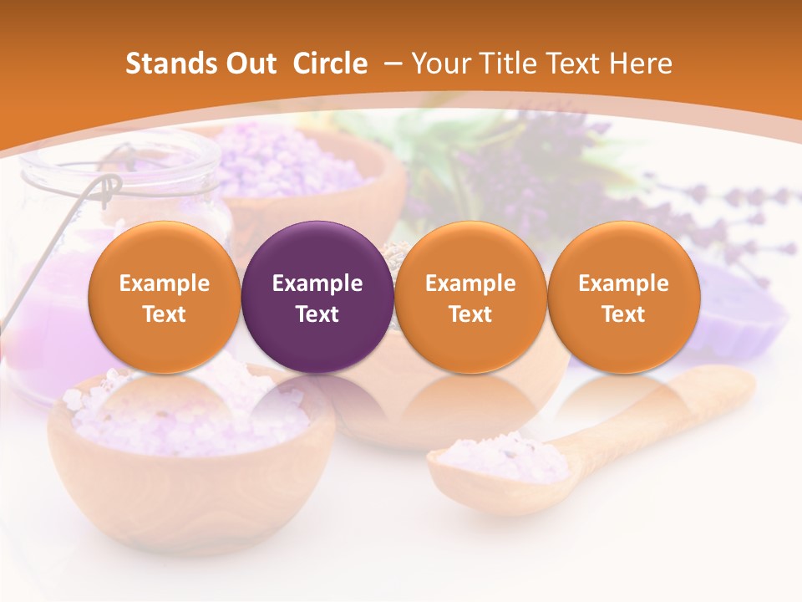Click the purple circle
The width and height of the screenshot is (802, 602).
click(317, 298)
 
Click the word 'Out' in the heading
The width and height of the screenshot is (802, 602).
click(249, 64)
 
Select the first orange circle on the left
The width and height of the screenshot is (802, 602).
click(164, 298)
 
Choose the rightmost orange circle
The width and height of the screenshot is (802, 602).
click(623, 298)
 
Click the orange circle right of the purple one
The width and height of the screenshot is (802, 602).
click(470, 298)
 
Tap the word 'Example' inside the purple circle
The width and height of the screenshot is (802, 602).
click(317, 283)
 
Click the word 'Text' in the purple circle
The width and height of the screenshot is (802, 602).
click(317, 314)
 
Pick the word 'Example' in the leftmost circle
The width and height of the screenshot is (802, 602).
click(164, 283)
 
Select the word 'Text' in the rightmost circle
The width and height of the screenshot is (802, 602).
click(623, 314)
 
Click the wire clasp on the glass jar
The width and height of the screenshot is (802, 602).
click(104, 192)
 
